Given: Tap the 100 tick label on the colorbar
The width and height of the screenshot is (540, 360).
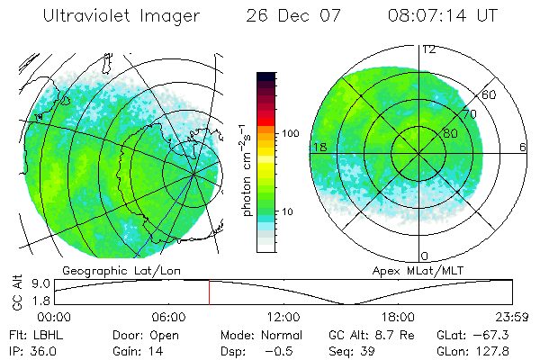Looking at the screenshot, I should [x=290, y=133].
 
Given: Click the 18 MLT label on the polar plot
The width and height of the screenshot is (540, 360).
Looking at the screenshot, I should [x=319, y=147].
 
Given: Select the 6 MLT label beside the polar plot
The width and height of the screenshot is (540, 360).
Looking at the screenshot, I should [x=522, y=147].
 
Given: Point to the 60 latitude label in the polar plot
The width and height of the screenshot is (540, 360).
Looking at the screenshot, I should [x=490, y=94].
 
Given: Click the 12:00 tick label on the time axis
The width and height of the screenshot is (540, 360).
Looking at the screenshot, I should [x=283, y=317].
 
